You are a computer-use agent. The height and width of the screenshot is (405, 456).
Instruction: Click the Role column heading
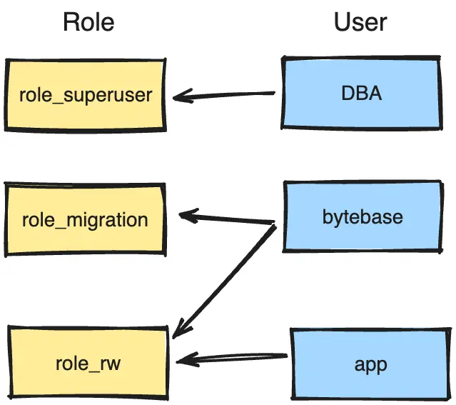[88, 22]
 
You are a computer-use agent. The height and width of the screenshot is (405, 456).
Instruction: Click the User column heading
[360, 22]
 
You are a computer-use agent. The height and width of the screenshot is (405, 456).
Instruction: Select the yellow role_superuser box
[86, 94]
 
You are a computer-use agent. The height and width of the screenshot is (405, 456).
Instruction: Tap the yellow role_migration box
[86, 219]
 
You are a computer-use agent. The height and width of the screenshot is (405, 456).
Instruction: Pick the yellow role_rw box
[88, 364]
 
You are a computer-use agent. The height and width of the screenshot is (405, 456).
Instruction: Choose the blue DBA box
[362, 94]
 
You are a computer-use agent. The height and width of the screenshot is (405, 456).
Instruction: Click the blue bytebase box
[363, 216]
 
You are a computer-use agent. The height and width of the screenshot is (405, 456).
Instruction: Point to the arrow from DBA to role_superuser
[225, 94]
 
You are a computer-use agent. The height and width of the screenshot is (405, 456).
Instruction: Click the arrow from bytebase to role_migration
[227, 218]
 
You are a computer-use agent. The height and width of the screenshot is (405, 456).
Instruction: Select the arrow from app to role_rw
[232, 356]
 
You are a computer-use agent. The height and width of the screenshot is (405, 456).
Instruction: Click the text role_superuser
[86, 94]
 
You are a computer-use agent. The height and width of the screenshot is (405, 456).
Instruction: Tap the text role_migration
[85, 219]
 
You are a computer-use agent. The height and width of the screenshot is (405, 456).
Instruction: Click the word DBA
[362, 94]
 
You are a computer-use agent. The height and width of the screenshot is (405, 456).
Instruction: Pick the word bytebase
[363, 216]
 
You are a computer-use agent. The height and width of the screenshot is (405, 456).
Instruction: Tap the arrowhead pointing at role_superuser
[181, 96]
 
